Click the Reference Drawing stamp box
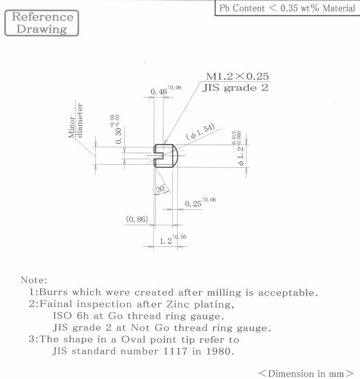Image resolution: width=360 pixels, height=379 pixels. point(42,23)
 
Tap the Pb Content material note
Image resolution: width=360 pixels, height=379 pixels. point(287,8)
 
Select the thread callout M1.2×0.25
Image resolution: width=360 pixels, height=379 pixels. point(237,76)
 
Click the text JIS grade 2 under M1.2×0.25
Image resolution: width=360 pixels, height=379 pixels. point(235,88)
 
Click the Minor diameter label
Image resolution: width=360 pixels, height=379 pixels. point(76,120)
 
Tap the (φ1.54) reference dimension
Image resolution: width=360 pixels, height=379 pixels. point(200,132)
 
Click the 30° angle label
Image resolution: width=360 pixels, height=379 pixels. point(161,188)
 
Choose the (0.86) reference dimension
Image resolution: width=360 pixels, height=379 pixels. point(137,219)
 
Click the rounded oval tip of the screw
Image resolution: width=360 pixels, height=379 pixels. point(175,156)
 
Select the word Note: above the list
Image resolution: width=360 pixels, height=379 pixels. point(34,280)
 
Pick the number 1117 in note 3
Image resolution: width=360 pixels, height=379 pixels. point(175,351)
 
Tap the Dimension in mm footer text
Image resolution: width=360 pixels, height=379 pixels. point(306,373)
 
